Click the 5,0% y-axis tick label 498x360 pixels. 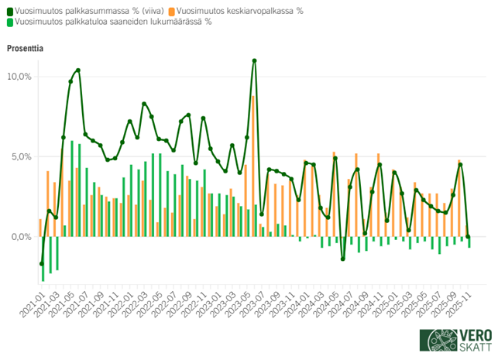(x=19, y=156)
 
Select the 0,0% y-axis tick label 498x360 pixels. (x=19, y=236)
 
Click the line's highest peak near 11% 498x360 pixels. (x=254, y=60)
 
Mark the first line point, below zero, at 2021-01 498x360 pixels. (x=42, y=263)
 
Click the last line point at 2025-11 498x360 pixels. (x=469, y=237)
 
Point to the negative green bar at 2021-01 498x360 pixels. (x=43, y=259)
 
